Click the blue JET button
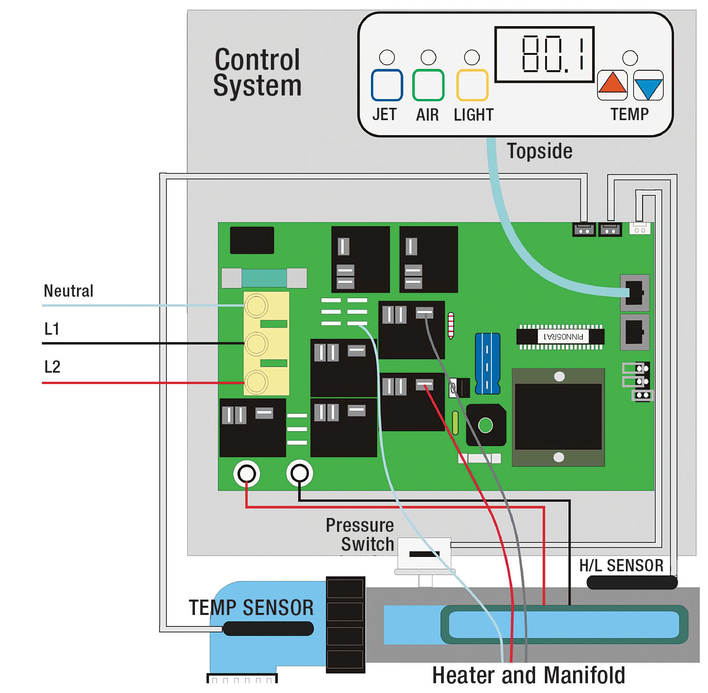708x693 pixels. click(x=387, y=85)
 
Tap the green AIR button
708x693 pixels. click(x=428, y=85)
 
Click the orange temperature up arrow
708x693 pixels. click(x=612, y=85)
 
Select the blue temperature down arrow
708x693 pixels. click(x=648, y=86)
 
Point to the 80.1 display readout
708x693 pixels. click(x=544, y=54)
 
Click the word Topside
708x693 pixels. click(x=539, y=151)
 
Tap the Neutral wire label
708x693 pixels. click(x=69, y=291)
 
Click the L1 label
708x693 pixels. click(x=52, y=329)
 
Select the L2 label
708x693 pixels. click(x=52, y=367)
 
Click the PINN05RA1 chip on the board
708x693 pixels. click(x=560, y=337)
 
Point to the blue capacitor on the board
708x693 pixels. click(x=487, y=363)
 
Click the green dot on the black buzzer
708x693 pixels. click(x=485, y=425)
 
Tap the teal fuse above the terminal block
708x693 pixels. click(x=264, y=278)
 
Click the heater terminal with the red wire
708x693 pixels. click(x=247, y=473)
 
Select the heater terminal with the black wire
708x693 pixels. click(x=300, y=473)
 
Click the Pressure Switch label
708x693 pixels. click(x=360, y=534)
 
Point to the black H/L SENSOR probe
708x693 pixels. click(x=632, y=582)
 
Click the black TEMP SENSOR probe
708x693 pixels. click(x=268, y=628)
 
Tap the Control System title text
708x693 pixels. click(x=257, y=72)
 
